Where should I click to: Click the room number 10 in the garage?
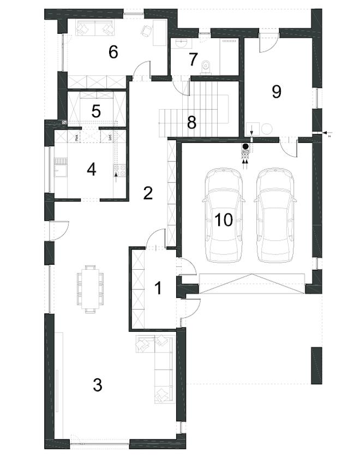[x=224, y=219]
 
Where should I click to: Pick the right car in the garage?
[x=275, y=214]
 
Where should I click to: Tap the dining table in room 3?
[x=91, y=288]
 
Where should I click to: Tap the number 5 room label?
[x=96, y=111]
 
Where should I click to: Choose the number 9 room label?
[x=276, y=92]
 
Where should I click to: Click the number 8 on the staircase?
[x=191, y=122]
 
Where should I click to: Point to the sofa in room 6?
[x=95, y=27]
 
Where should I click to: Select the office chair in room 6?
[x=146, y=31]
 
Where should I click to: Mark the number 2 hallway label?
[x=147, y=193]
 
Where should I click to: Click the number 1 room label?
[x=158, y=288]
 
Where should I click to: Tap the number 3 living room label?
[x=97, y=385]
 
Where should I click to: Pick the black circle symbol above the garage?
[x=245, y=146]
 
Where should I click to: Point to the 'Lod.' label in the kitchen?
[x=111, y=137]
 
